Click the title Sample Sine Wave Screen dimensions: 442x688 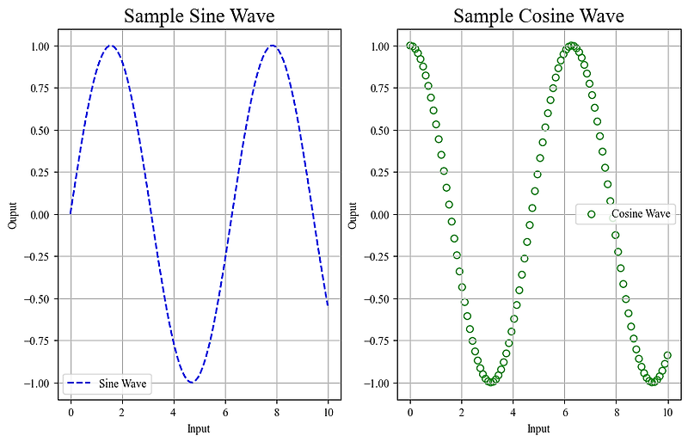[x=200, y=16]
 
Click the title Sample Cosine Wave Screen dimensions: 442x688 [x=538, y=16]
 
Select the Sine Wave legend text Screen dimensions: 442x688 [x=122, y=384]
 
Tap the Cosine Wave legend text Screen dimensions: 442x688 [x=641, y=213]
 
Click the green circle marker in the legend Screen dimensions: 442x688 [x=591, y=213]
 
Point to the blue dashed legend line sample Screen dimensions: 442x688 [x=79, y=384]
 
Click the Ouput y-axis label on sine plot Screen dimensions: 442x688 [x=12, y=214]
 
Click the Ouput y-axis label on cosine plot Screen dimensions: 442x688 [x=353, y=214]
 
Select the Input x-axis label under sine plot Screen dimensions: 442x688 [x=199, y=428]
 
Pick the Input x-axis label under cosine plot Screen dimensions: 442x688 [x=538, y=428]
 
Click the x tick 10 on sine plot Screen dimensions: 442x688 [x=328, y=412]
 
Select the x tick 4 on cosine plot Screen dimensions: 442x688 [x=513, y=412]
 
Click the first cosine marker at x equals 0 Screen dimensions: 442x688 [x=410, y=46]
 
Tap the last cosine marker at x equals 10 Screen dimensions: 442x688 [x=667, y=355]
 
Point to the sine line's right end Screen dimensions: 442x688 [x=328, y=305]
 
